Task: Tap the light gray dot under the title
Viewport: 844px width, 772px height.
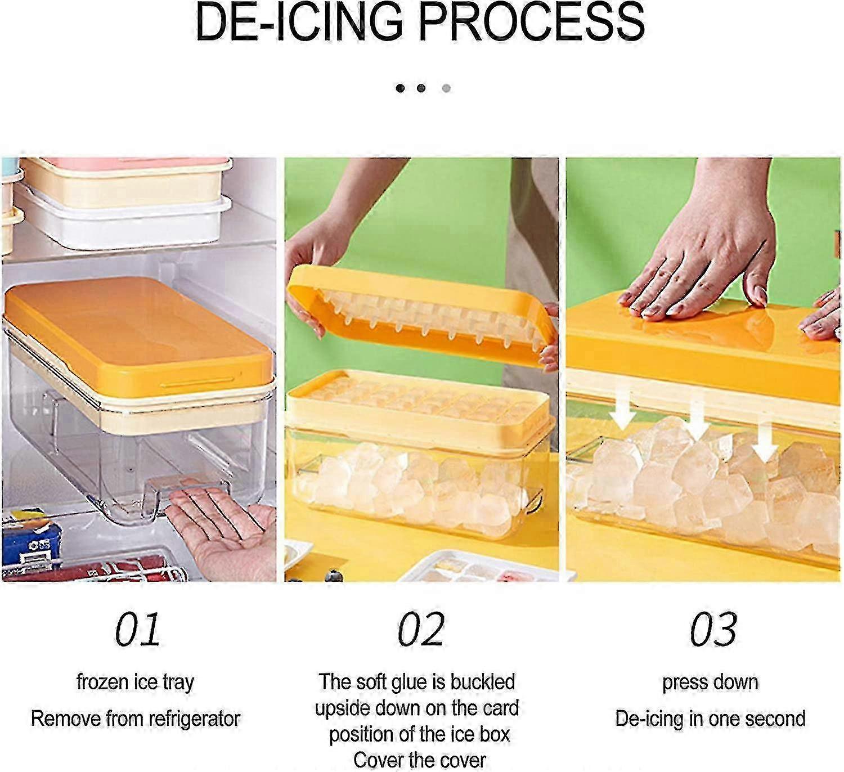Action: (x=446, y=88)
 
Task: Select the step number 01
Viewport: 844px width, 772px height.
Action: (x=138, y=630)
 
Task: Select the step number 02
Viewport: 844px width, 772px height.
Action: (x=421, y=630)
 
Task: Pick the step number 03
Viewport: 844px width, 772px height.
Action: (x=713, y=630)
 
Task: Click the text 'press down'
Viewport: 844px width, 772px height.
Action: (x=710, y=682)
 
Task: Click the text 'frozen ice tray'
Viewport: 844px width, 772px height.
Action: (x=135, y=682)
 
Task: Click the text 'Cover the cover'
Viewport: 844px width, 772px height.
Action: (x=419, y=760)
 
